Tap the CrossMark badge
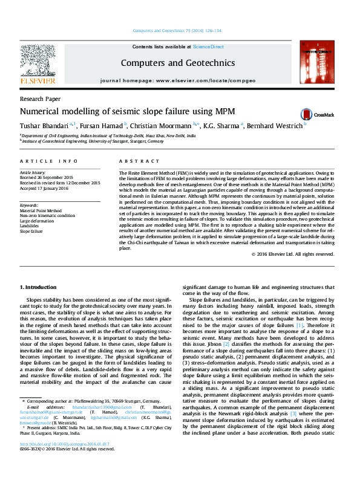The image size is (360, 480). click(297, 113)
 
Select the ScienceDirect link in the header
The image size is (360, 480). click(208, 47)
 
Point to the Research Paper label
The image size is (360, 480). click(40, 98)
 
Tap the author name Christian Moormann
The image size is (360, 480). click(165, 125)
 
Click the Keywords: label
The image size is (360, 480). click(30, 205)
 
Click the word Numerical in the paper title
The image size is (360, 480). click(41, 111)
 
